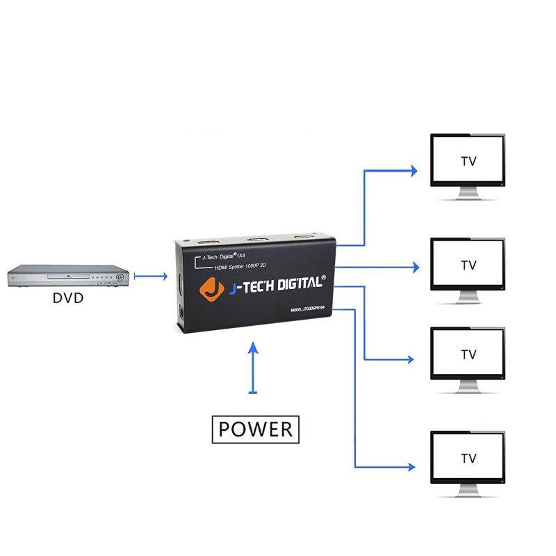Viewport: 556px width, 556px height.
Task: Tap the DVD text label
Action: click(x=68, y=299)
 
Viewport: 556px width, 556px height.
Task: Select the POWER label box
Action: click(x=255, y=429)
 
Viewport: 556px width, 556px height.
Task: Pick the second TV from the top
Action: click(x=468, y=265)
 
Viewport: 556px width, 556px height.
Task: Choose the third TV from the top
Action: click(x=468, y=354)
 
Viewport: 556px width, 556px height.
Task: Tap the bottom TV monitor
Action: click(x=468, y=458)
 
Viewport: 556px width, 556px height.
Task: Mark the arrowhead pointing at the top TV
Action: click(x=414, y=170)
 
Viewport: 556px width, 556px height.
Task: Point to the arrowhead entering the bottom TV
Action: click(x=414, y=466)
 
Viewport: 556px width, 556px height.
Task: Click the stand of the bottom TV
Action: click(x=468, y=492)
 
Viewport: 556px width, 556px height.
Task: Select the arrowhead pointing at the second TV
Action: click(x=416, y=266)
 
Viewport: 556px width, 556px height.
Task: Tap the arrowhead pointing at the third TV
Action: click(x=411, y=360)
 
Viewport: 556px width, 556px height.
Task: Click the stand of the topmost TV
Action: click(x=468, y=195)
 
